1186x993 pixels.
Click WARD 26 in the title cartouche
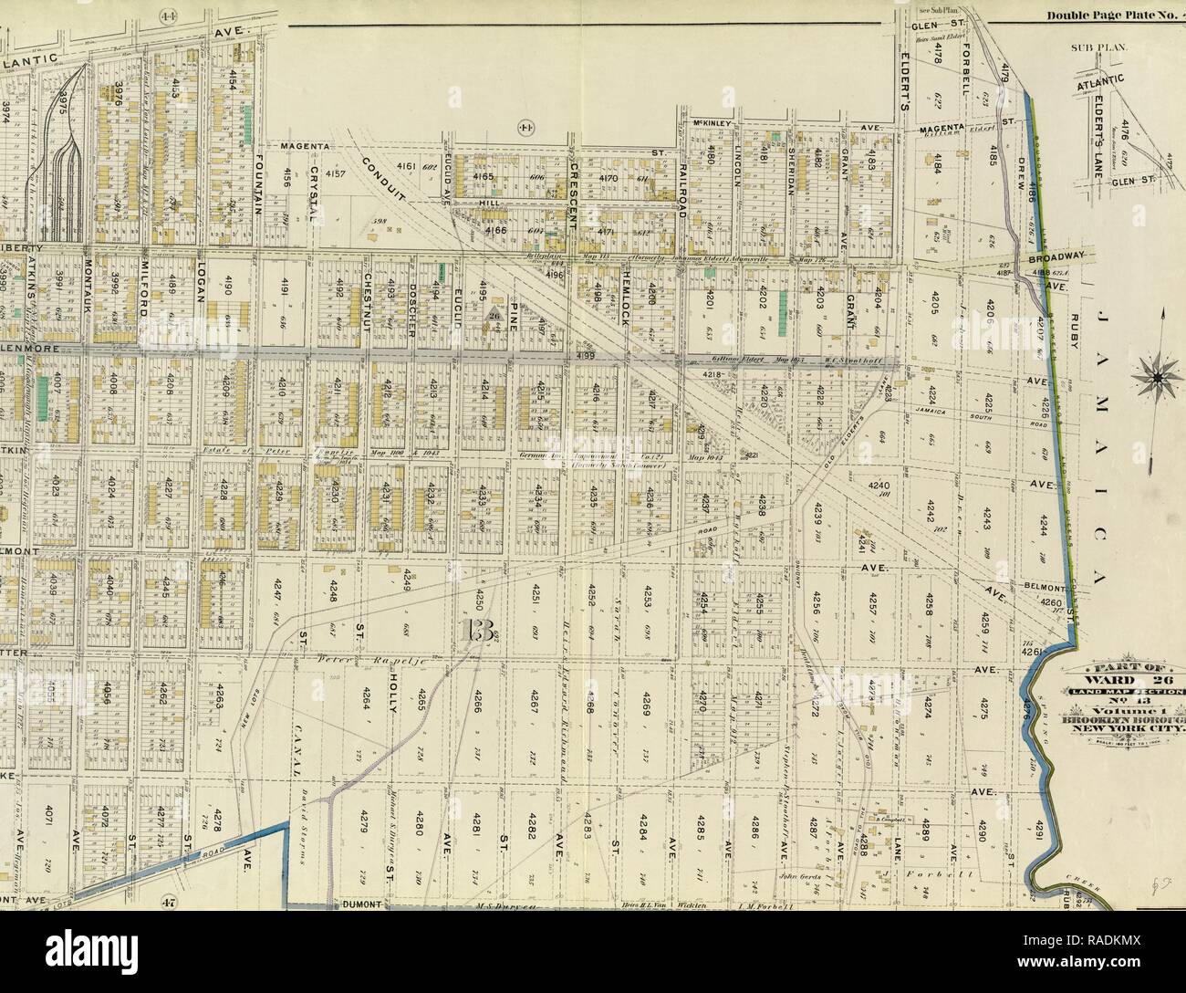click(x=1139, y=681)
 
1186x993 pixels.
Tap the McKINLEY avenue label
click(x=714, y=123)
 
